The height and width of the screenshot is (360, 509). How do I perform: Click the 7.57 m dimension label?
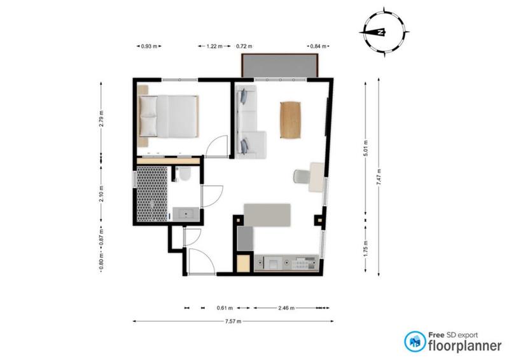point(233,321)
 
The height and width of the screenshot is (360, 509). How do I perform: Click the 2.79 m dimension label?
point(101,119)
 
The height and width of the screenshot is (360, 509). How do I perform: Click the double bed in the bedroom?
point(169,116)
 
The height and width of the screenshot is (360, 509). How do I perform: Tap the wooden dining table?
point(290,120)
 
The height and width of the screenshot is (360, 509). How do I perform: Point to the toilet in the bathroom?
point(184,174)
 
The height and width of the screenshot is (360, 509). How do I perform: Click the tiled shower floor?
point(151,194)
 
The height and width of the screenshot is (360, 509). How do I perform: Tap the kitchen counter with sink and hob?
point(286,262)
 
